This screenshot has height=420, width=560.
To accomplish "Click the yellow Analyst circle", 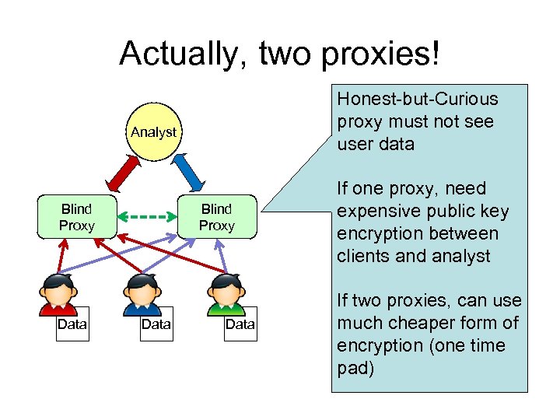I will (153, 132).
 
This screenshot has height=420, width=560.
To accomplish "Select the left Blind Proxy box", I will (76, 217).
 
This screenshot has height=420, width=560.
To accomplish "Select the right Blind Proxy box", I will (216, 217).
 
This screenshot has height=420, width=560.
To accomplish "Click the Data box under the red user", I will (72, 324).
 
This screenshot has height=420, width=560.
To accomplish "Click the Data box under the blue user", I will (156, 324).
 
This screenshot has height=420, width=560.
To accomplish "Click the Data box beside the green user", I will (240, 324).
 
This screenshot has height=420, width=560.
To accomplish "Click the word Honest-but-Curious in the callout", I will (418, 100).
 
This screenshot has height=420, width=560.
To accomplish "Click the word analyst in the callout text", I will (465, 256).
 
